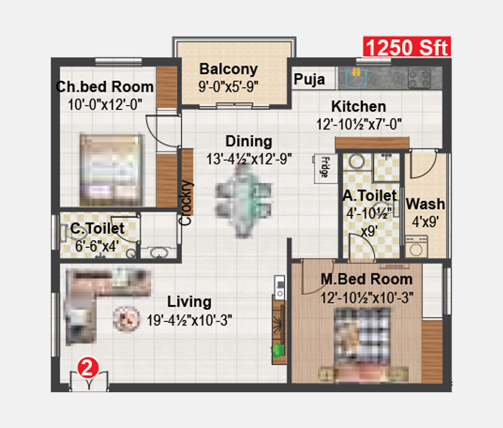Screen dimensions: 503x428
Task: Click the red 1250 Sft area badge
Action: click(407, 47)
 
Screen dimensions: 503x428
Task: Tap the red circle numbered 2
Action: click(88, 368)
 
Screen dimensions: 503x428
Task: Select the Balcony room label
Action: click(228, 69)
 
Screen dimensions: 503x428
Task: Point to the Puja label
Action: click(309, 80)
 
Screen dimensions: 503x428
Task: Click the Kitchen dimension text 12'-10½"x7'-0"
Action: click(359, 124)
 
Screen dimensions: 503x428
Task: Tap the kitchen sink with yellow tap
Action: click(356, 78)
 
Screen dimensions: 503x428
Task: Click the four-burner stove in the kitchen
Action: click(420, 78)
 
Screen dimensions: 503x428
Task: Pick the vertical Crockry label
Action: click(186, 203)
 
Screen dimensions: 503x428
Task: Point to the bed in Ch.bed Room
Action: click(111, 170)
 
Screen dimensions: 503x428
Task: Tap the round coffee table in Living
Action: click(126, 319)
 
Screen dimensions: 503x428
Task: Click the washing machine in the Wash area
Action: click(416, 247)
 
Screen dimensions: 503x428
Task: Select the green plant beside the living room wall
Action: click(278, 350)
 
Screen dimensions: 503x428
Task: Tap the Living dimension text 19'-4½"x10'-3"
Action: click(189, 320)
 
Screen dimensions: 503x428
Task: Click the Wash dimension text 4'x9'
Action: click(426, 222)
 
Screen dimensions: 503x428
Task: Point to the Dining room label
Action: click(249, 141)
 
